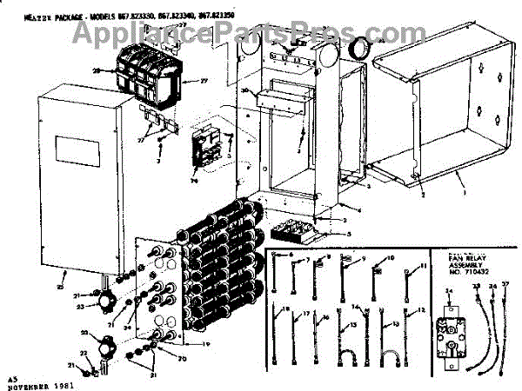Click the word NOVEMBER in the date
point(30,384)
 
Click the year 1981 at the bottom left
point(63,384)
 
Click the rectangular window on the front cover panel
point(71,147)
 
